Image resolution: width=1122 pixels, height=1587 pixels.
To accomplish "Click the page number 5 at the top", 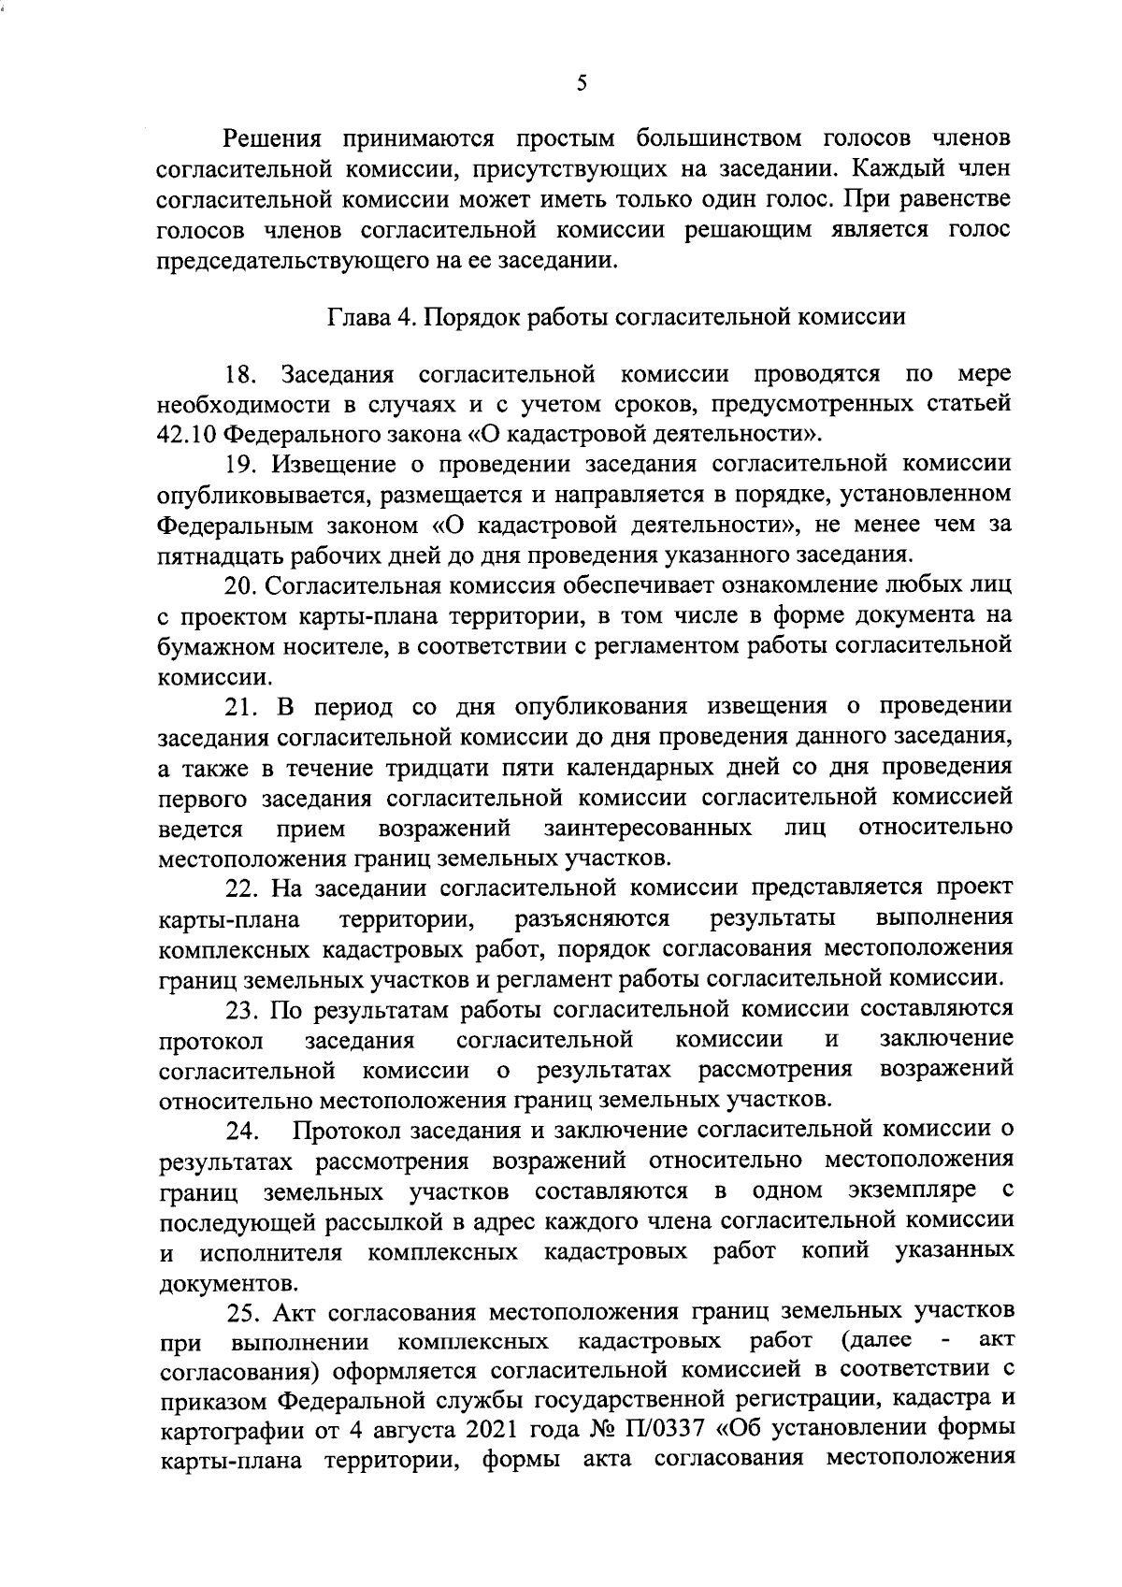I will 582,83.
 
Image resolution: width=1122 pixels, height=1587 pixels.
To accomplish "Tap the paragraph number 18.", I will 240,375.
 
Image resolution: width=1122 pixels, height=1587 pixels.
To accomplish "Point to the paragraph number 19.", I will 240,464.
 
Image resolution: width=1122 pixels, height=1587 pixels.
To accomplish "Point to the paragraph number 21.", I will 240,705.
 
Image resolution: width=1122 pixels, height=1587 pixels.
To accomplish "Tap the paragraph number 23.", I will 242,1009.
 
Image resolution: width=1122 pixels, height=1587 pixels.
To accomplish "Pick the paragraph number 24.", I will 242,1132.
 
